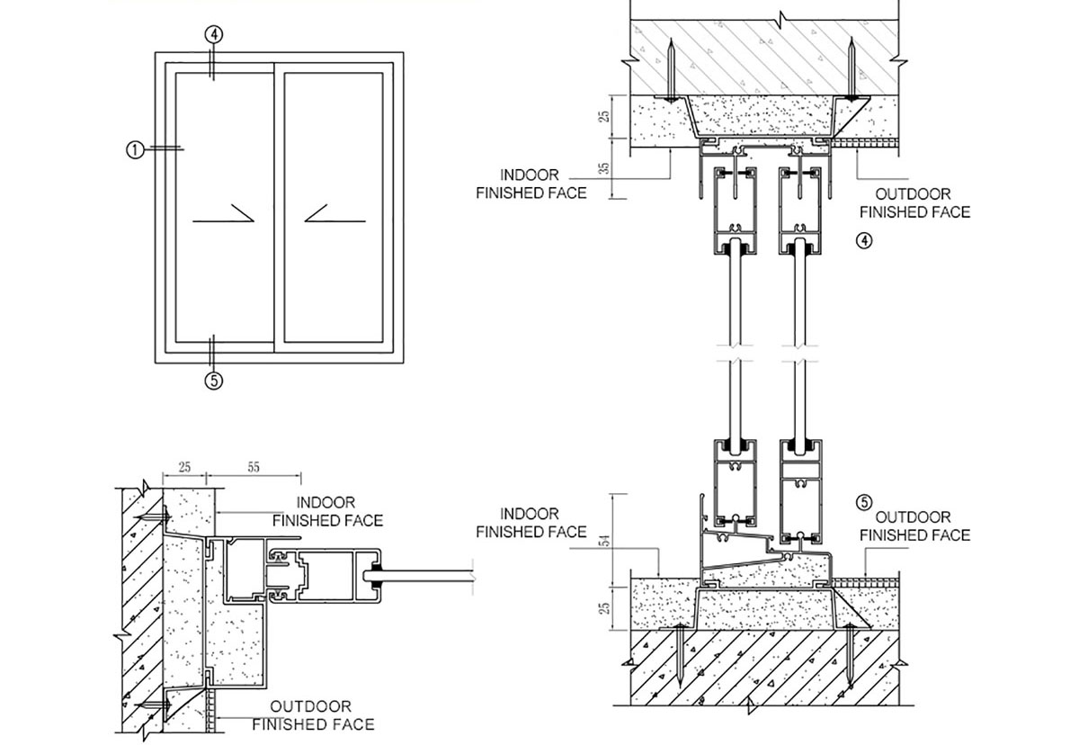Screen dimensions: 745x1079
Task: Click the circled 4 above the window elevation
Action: tap(213, 35)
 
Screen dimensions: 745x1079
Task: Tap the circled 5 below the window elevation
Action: tap(213, 381)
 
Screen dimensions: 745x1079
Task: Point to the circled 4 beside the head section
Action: tap(863, 240)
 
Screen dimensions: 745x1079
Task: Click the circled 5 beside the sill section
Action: tap(865, 503)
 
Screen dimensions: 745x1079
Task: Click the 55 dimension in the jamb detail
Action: tap(253, 468)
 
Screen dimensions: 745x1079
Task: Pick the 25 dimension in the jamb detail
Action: tap(184, 468)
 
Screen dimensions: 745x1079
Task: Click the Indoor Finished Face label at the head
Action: tap(531, 184)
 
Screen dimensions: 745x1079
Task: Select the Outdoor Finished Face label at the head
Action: tap(914, 203)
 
